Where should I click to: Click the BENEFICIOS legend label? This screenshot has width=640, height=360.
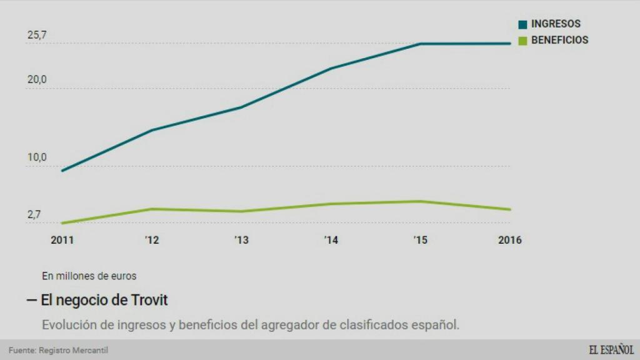point(559,40)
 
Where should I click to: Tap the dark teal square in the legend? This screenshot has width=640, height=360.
point(522,24)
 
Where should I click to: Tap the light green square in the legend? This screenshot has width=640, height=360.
point(522,41)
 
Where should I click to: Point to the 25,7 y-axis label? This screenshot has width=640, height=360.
point(37,36)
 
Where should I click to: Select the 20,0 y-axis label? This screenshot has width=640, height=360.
point(37,80)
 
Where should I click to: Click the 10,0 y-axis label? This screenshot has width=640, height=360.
point(37,158)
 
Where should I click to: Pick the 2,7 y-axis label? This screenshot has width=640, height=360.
point(34,215)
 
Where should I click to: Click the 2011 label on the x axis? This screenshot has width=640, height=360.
point(62,240)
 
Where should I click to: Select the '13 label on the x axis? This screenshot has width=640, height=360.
point(241,240)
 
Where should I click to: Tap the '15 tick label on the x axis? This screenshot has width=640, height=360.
point(420,240)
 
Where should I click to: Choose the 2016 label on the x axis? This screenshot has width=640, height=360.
point(509,240)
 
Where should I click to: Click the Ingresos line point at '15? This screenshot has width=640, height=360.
point(421,44)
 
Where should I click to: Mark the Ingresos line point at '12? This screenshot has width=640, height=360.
point(152,130)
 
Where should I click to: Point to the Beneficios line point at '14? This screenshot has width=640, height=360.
point(331,204)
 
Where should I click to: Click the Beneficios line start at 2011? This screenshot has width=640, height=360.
point(62,222)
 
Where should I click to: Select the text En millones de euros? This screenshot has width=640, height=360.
point(89,275)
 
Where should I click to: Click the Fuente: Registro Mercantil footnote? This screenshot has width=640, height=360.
point(54,351)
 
